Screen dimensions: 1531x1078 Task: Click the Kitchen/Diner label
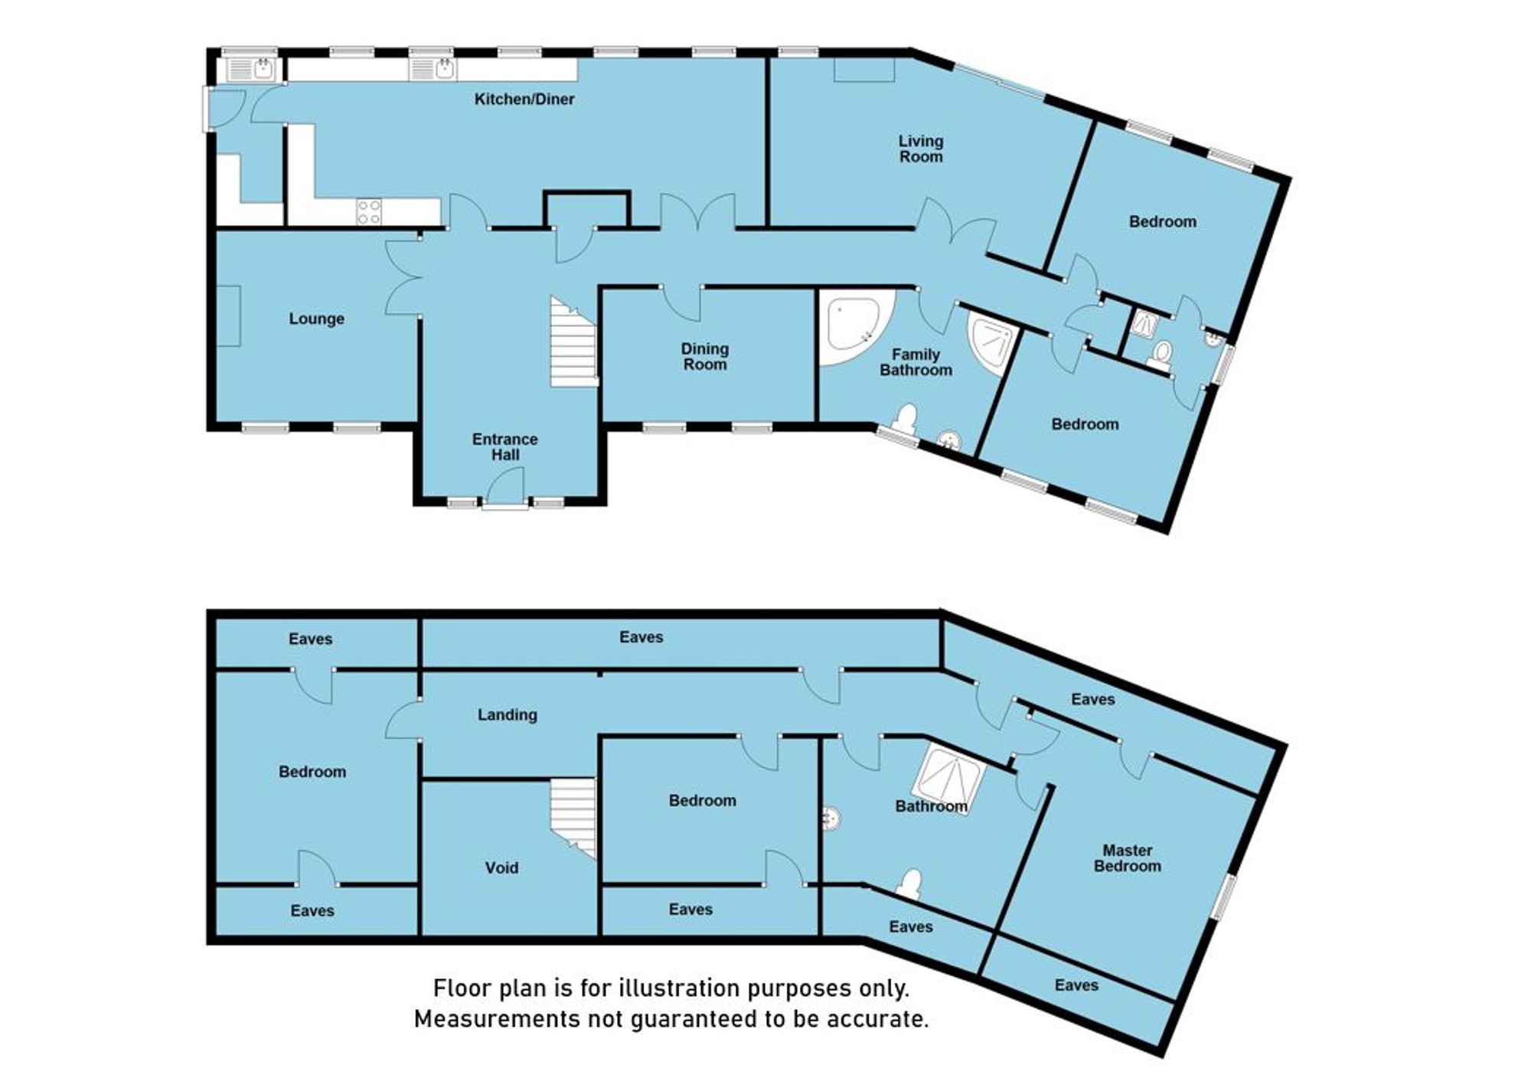coord(524,99)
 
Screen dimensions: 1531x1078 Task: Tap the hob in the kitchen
coord(369,212)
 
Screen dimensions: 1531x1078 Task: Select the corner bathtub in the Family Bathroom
coord(854,325)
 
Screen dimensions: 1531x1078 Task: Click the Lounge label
coord(316,318)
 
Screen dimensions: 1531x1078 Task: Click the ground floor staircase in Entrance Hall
coord(573,342)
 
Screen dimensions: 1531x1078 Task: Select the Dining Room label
coord(705,357)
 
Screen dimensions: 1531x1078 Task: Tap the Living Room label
coord(921,149)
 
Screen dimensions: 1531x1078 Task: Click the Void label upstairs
coord(501,867)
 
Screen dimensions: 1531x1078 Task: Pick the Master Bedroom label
coord(1128,858)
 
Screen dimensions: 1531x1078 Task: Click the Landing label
coord(508,715)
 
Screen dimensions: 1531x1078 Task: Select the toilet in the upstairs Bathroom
coord(909,883)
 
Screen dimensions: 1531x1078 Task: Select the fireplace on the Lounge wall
coord(229,315)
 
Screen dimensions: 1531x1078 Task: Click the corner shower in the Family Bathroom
coord(992,345)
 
